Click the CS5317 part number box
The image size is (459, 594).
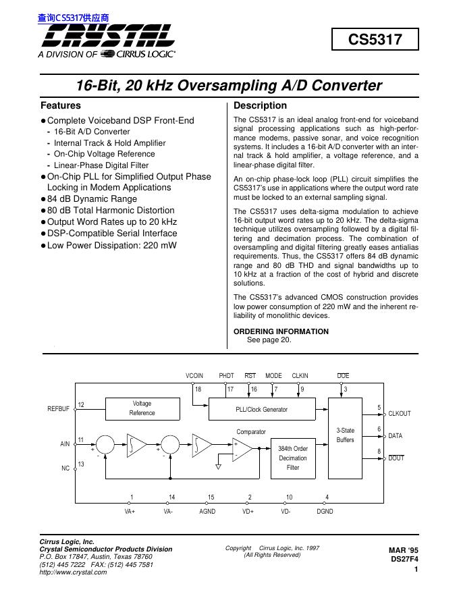375,40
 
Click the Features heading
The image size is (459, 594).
61,106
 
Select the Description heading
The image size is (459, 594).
260,106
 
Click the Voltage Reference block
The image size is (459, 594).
142,408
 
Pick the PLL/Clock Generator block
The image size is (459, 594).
261,410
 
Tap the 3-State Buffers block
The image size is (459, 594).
345,435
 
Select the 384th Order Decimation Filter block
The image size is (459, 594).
292,458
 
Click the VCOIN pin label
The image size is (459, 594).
194,375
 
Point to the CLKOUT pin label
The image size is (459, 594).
400,414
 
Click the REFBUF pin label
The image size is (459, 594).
58,409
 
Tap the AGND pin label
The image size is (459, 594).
207,512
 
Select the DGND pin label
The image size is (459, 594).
325,512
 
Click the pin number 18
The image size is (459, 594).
198,389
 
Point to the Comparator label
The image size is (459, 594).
251,431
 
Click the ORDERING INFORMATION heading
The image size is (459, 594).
281,331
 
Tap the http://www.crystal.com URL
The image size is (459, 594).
74,572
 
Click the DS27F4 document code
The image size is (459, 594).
404,560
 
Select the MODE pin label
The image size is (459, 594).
273,375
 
